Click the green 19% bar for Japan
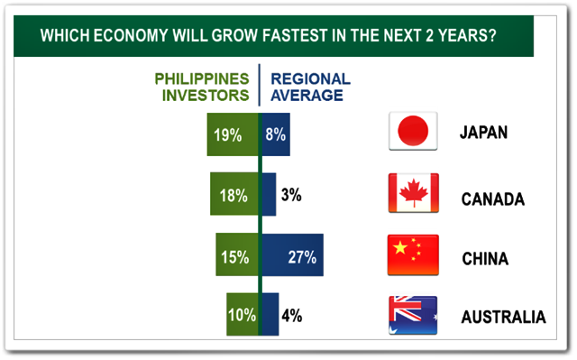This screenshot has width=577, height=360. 233,134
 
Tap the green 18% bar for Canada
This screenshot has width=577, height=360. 234,194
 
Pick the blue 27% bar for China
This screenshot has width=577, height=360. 292,254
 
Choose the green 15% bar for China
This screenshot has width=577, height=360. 237,254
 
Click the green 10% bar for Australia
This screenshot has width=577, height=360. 243,314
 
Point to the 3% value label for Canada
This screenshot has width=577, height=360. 291,195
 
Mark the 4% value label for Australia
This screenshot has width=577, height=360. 292,316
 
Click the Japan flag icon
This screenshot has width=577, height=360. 413,131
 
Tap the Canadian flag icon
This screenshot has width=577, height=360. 414,193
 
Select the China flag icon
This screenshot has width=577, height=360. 413,254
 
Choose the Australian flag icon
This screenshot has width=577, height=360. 413,315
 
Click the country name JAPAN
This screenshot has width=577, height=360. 483,133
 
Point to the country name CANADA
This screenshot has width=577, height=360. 493,199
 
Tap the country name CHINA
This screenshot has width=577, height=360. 485,259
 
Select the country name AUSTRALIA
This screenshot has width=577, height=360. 503,317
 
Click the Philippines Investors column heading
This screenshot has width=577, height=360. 202,88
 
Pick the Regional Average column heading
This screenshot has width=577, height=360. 310,88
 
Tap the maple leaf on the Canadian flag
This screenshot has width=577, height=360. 414,192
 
